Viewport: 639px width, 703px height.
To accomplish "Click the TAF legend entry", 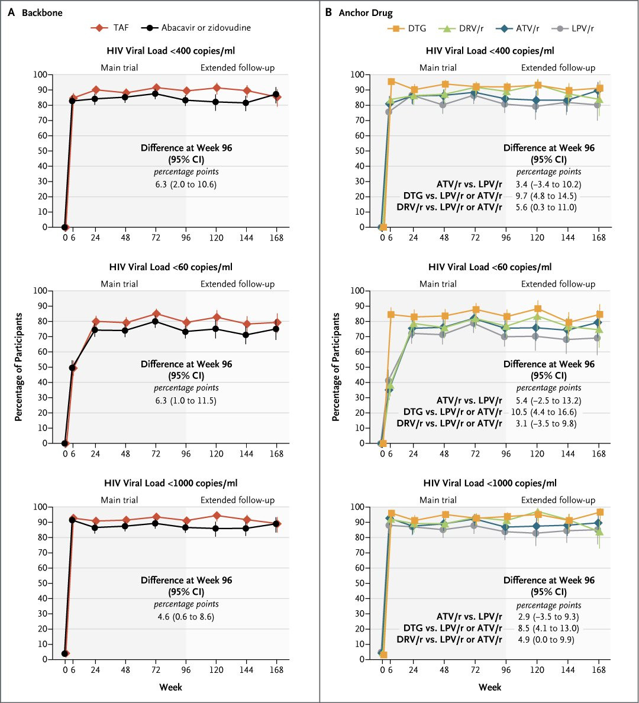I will coord(112,28).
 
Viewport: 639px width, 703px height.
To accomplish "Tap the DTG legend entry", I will coord(408,28).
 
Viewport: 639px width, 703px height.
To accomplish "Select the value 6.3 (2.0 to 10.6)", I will coord(186,184).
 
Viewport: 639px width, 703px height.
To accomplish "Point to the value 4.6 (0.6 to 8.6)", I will coord(186,617).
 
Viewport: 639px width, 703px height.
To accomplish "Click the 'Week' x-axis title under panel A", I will coord(170,687).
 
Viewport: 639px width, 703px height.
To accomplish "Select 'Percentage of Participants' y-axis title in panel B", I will coord(336,367).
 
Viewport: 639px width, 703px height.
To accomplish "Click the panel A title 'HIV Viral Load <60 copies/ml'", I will coord(170,267).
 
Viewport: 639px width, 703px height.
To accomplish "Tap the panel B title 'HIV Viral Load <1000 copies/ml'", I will coord(490,484).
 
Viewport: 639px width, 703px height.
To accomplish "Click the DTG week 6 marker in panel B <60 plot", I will coord(391,315).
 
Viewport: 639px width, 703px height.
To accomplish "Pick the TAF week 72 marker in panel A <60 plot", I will coord(156,313).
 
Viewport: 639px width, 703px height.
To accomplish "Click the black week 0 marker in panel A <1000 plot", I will coord(64,653).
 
